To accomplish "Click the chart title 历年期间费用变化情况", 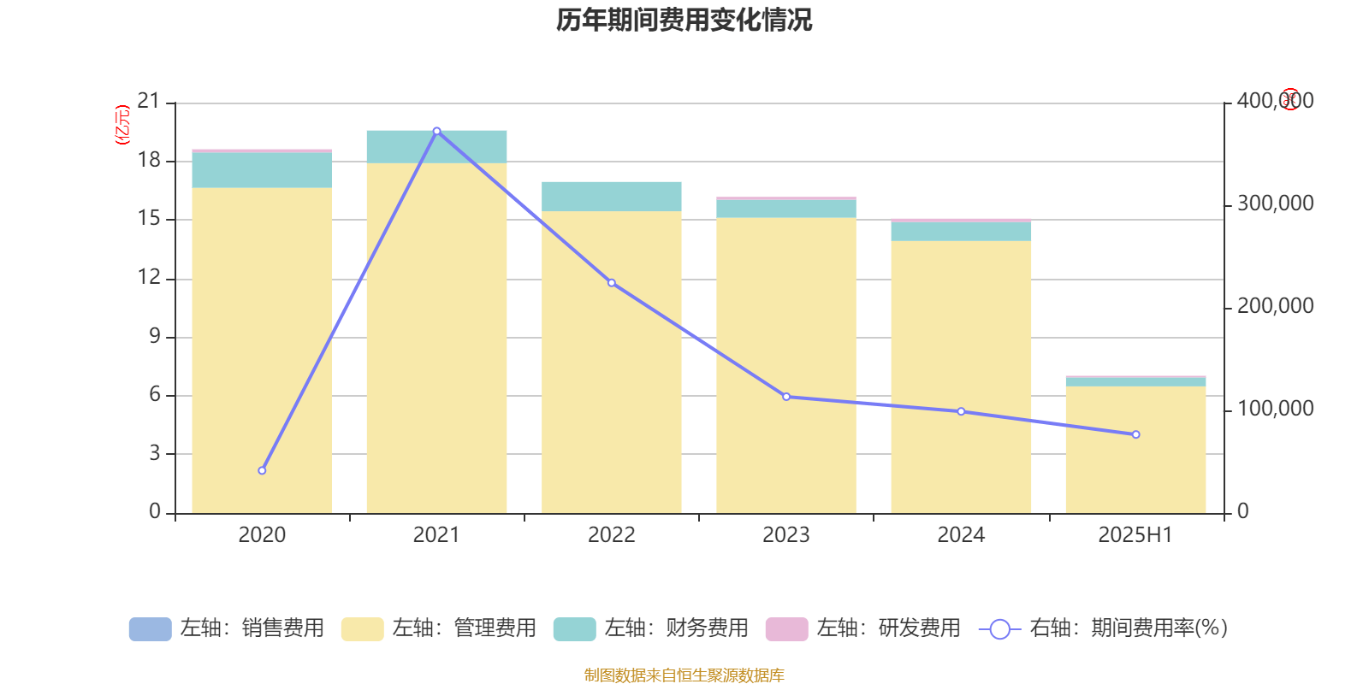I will click(684, 20).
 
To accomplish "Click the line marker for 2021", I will click(436, 131).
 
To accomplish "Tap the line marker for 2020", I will click(262, 471).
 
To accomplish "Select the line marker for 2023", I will click(786, 397).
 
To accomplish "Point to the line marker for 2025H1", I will click(1135, 435).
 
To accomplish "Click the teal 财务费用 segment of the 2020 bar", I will click(262, 170).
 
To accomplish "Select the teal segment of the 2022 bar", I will click(611, 197).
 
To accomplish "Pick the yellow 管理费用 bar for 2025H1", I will click(1135, 450).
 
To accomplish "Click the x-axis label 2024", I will click(960, 535).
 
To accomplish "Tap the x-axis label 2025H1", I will click(1135, 535).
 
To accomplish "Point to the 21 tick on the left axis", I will click(149, 102).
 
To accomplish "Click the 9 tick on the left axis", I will click(155, 336).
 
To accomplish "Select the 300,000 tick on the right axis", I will click(1274, 204).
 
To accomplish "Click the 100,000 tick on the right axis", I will click(1274, 410).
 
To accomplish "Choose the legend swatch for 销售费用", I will click(150, 629).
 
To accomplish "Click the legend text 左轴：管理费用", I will click(464, 628).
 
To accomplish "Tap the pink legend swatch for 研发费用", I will click(786, 629).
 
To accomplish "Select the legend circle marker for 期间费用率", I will click(999, 629).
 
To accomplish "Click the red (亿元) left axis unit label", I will click(122, 125).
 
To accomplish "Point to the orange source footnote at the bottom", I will click(684, 675).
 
